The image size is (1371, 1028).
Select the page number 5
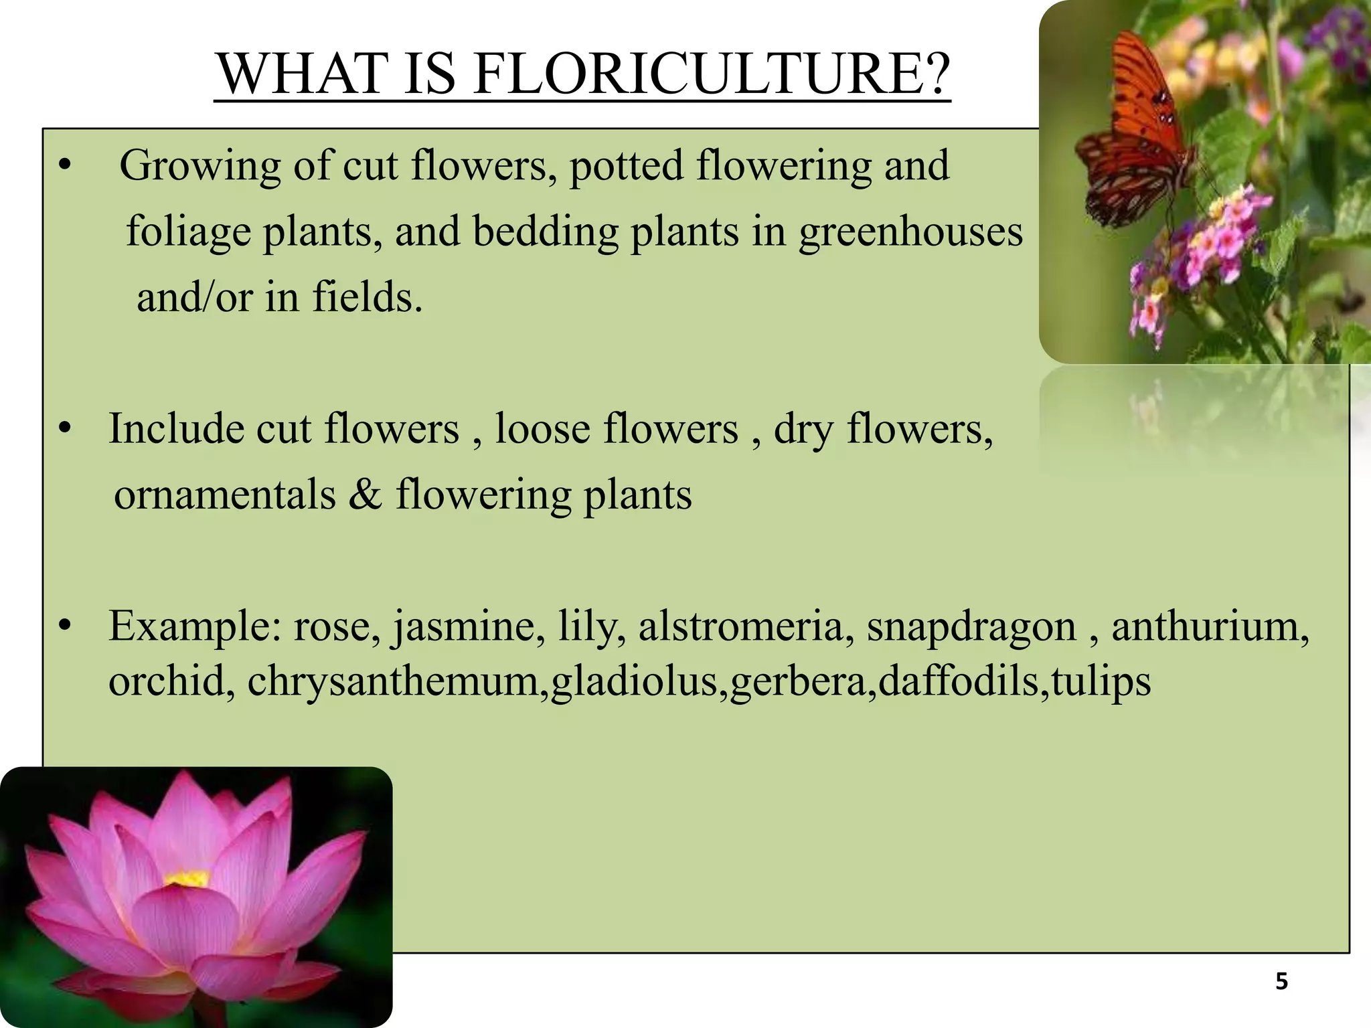click(x=1281, y=982)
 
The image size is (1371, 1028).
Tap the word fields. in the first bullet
click(x=368, y=296)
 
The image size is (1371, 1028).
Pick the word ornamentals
click(x=225, y=496)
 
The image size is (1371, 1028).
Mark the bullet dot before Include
click(x=64, y=430)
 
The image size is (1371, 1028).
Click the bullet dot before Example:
click(x=64, y=626)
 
